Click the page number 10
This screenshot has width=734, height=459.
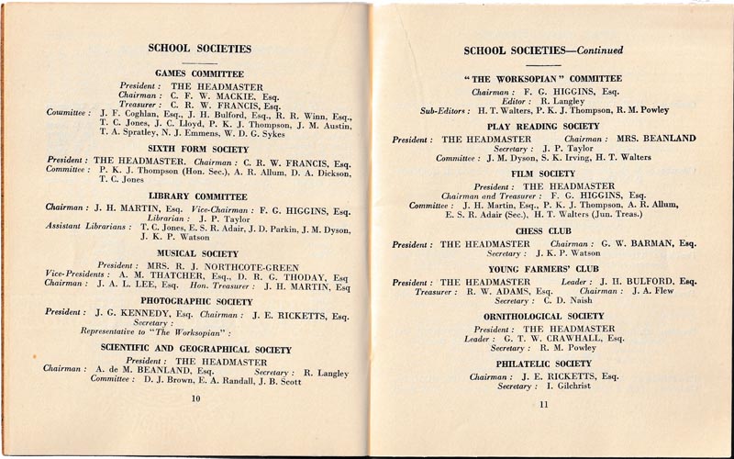195,398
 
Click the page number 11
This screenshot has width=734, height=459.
543,404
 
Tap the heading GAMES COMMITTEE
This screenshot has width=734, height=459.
199,73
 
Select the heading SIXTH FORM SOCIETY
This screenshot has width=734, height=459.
199,147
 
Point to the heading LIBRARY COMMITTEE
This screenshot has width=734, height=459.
199,196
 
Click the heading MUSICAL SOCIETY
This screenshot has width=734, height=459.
198,252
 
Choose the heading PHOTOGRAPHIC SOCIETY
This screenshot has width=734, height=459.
198,301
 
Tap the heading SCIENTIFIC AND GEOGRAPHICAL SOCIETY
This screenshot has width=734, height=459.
198,348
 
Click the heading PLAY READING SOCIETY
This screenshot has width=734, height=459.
543,126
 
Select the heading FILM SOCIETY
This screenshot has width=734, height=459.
544,174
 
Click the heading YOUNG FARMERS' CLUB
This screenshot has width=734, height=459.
543,269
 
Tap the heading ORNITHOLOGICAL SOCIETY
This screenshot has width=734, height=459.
543,316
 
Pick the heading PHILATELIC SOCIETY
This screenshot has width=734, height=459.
543,364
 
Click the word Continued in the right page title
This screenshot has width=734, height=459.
594,50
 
